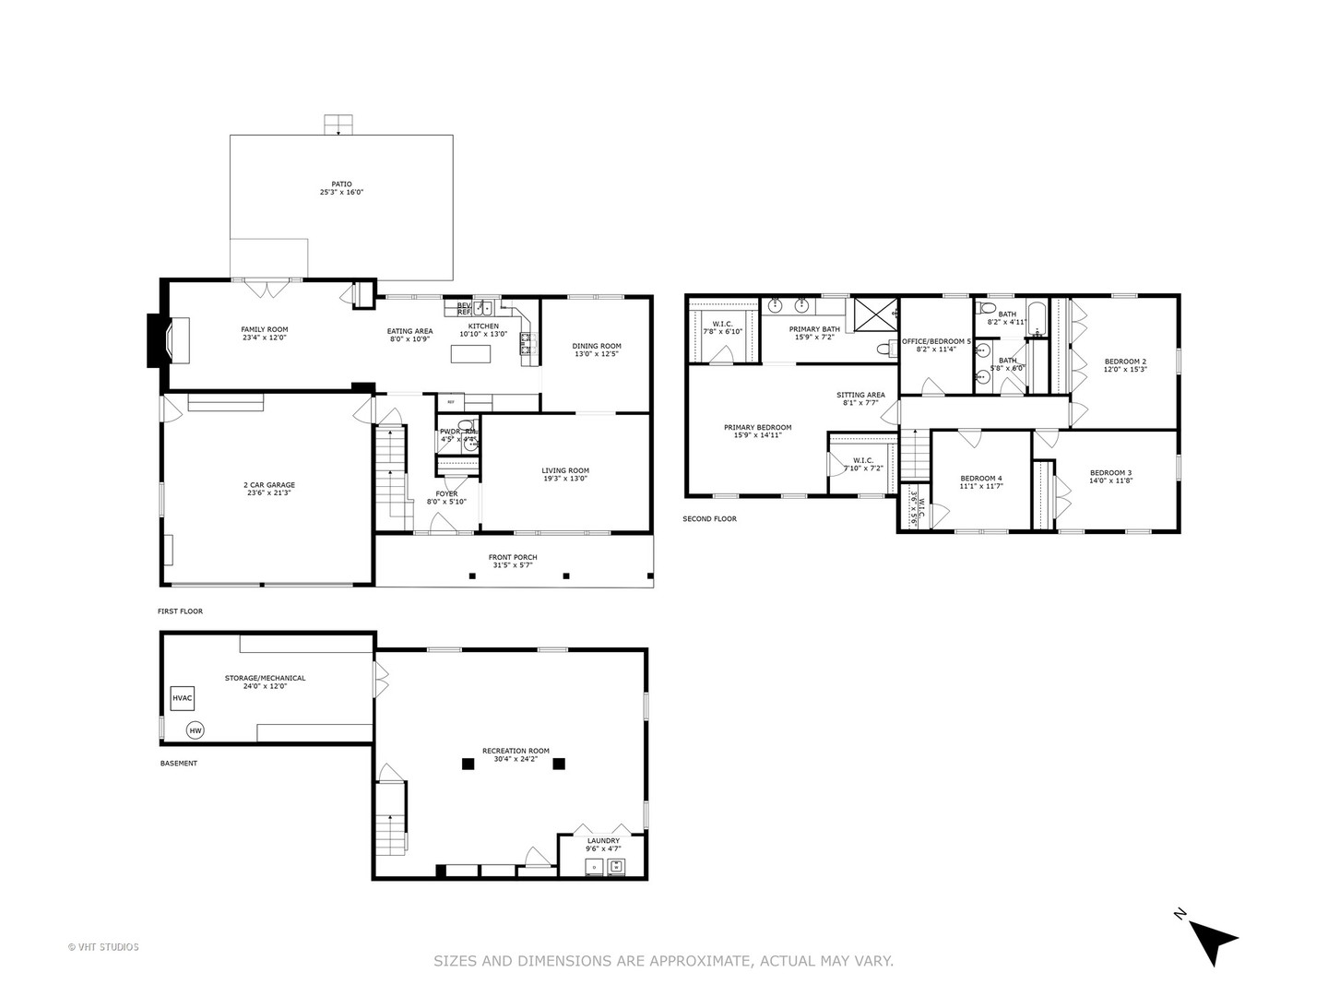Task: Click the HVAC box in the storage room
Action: point(183,698)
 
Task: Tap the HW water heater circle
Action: point(195,730)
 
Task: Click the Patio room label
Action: point(341,184)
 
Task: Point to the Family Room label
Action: point(265,330)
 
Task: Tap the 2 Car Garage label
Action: point(269,485)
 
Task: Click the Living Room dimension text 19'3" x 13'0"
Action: point(565,479)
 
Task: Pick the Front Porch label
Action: point(513,557)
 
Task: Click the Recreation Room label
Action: point(516,751)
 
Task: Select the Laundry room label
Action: point(603,840)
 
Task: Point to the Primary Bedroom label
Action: point(757,427)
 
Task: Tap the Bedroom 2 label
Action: point(1125,362)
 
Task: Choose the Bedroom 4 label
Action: point(980,478)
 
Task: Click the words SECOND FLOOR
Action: point(709,519)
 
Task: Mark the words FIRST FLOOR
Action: point(180,611)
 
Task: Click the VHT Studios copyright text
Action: point(103,947)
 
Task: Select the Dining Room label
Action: point(597,347)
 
